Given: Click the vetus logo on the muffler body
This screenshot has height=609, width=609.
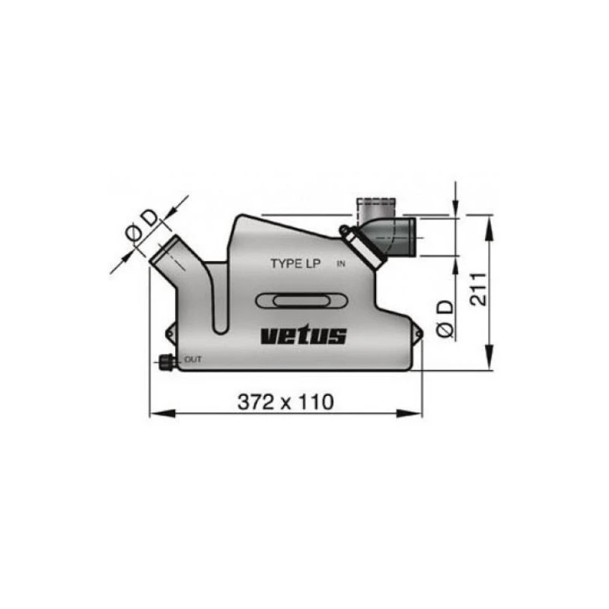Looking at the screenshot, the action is (303, 336).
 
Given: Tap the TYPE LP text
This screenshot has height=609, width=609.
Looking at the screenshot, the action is (295, 263).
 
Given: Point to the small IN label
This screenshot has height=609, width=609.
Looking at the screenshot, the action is (341, 264).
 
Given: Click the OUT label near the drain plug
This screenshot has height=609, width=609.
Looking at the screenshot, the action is (193, 359).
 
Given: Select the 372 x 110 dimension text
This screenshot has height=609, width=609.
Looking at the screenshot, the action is (285, 402).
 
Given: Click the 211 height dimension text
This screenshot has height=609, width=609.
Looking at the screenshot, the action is (479, 289).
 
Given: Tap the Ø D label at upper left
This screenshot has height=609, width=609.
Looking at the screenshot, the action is (142, 227).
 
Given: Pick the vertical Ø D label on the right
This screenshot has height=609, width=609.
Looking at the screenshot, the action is (445, 318).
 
